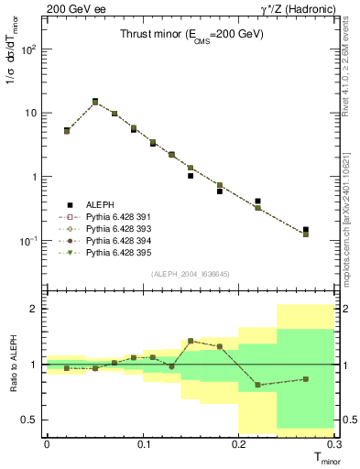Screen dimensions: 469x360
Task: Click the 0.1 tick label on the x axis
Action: (143, 444)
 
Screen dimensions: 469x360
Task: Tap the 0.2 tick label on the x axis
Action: (239, 444)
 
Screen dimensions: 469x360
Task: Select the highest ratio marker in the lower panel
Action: (191, 341)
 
